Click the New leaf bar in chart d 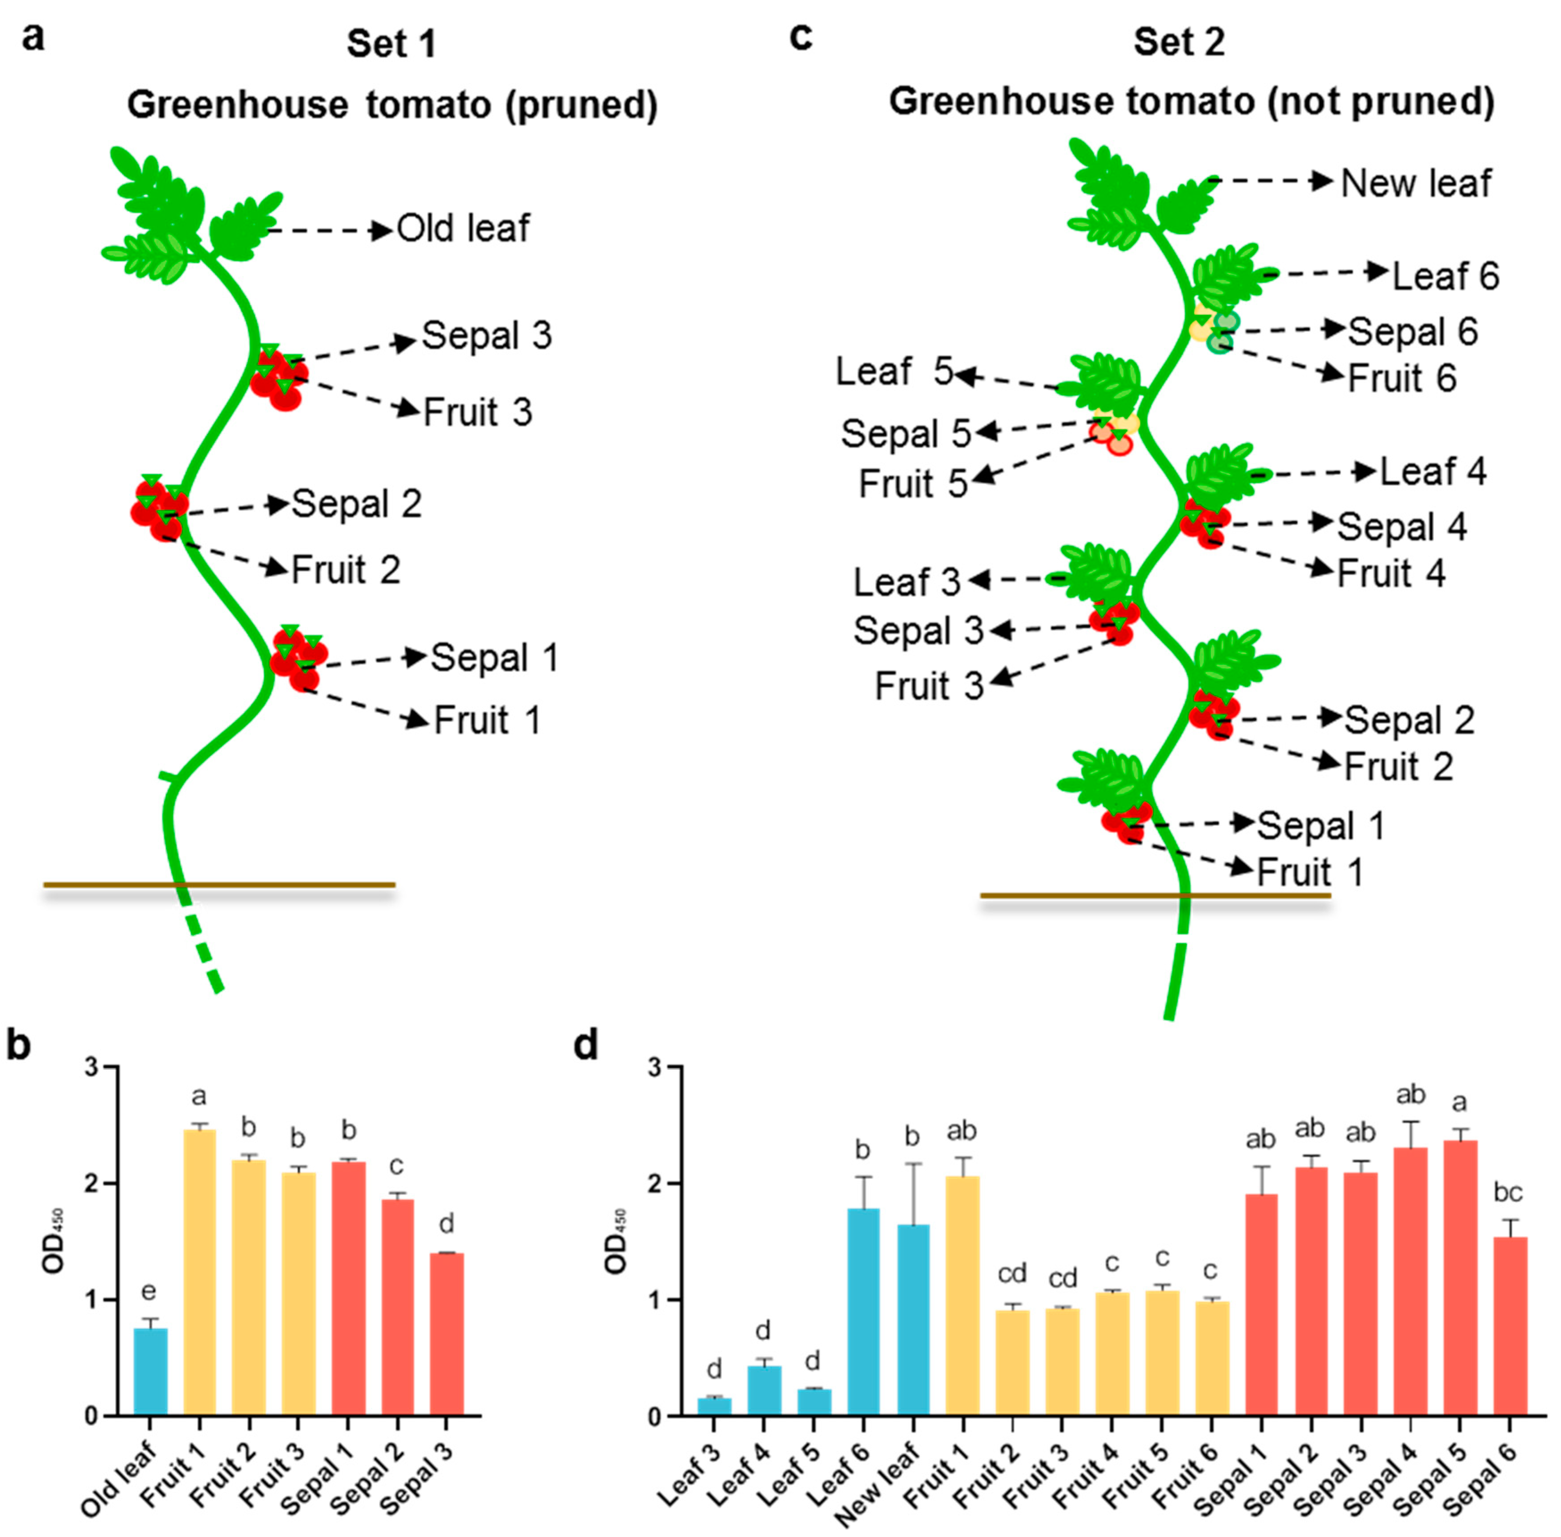(x=913, y=1320)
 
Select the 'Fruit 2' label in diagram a (x=345, y=570)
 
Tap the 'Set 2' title (x=1179, y=42)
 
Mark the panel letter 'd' (x=586, y=1045)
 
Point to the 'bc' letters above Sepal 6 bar (x=1507, y=1192)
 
